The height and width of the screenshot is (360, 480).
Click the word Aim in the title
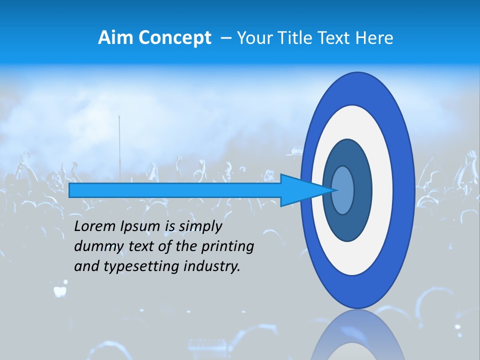point(114,38)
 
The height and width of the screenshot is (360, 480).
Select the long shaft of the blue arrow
point(175,190)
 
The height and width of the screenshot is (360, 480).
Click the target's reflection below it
point(357,335)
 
